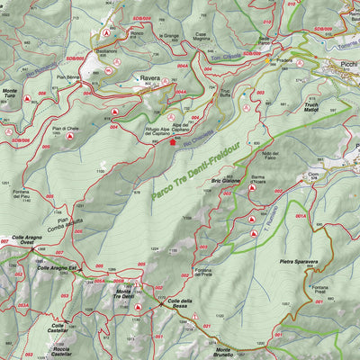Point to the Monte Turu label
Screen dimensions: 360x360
click(x=11, y=94)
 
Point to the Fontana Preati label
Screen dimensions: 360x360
click(x=320, y=291)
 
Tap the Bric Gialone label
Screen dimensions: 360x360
click(x=226, y=180)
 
